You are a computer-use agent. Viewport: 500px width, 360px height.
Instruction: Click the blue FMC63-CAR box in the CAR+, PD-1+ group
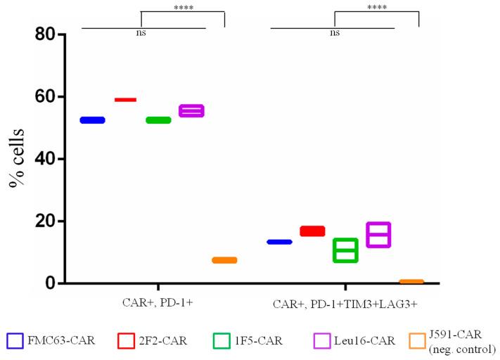pos(92,120)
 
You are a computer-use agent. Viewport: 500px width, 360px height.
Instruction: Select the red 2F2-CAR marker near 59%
pos(125,100)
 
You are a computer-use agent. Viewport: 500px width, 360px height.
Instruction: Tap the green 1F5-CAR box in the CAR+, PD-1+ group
pos(158,120)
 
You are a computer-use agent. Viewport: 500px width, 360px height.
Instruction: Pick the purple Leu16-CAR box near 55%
pos(191,110)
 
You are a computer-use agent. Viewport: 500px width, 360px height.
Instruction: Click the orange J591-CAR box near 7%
pos(224,260)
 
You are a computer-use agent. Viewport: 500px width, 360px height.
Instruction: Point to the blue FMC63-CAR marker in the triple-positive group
pos(279,242)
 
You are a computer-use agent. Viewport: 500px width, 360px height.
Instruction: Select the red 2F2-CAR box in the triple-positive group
pos(312,231)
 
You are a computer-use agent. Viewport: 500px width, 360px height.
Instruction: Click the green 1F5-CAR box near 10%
pos(345,250)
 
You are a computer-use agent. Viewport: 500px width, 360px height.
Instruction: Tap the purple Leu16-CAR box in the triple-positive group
pos(378,235)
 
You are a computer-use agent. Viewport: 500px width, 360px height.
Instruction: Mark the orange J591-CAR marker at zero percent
pos(411,282)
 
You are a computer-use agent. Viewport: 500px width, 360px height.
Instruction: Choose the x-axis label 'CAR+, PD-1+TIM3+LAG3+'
pos(345,304)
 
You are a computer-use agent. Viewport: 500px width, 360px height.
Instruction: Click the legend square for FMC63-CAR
pos(16,341)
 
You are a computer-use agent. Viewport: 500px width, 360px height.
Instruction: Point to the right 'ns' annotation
pos(335,32)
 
